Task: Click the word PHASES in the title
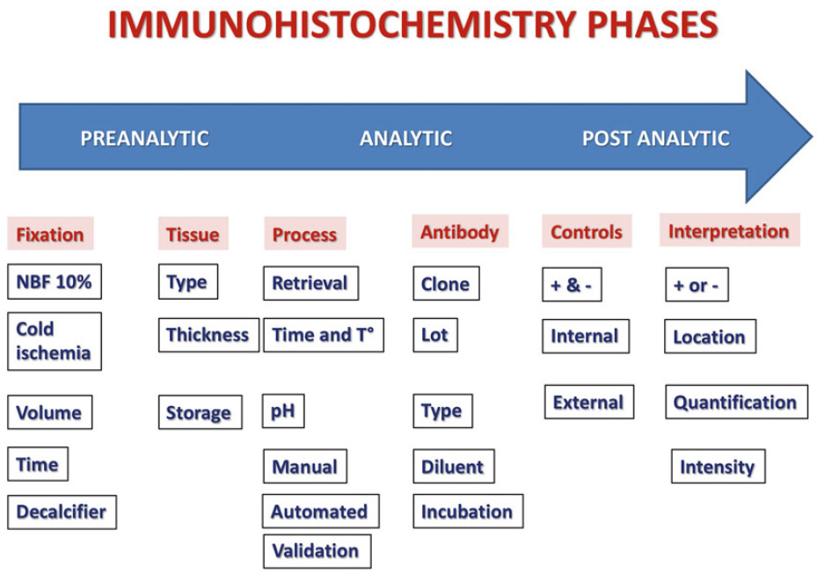[653, 24]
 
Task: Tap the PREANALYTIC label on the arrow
[144, 139]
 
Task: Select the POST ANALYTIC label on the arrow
[655, 139]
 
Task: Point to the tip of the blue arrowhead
[812, 136]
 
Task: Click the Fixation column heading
[50, 235]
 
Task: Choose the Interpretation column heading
[729, 231]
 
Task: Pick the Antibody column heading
[460, 232]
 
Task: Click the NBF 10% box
[55, 282]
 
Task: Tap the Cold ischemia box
[55, 341]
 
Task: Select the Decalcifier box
[62, 512]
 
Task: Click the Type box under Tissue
[187, 282]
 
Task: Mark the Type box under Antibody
[442, 411]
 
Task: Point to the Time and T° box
[323, 335]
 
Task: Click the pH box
[283, 411]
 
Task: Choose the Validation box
[317, 551]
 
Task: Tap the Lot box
[435, 335]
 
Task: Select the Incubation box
[468, 511]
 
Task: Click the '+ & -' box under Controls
[572, 285]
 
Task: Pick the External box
[588, 402]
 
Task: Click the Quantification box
[736, 402]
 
